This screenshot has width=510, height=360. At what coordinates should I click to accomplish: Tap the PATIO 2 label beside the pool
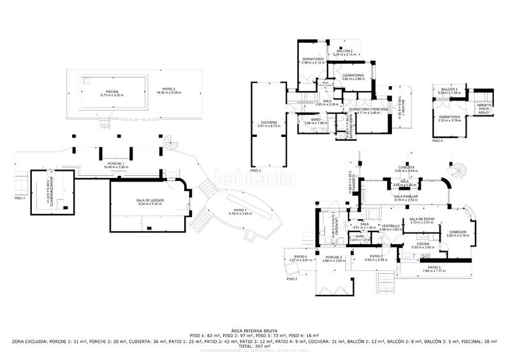click(x=168, y=90)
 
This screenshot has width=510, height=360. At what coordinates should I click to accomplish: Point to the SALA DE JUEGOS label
click(x=147, y=202)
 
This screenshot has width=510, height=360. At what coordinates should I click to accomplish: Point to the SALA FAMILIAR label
click(x=405, y=198)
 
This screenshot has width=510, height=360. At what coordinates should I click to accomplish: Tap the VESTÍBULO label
click(x=390, y=226)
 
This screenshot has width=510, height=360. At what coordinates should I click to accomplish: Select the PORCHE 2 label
click(x=333, y=257)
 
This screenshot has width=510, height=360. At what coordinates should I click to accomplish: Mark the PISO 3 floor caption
click(x=255, y=171)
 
